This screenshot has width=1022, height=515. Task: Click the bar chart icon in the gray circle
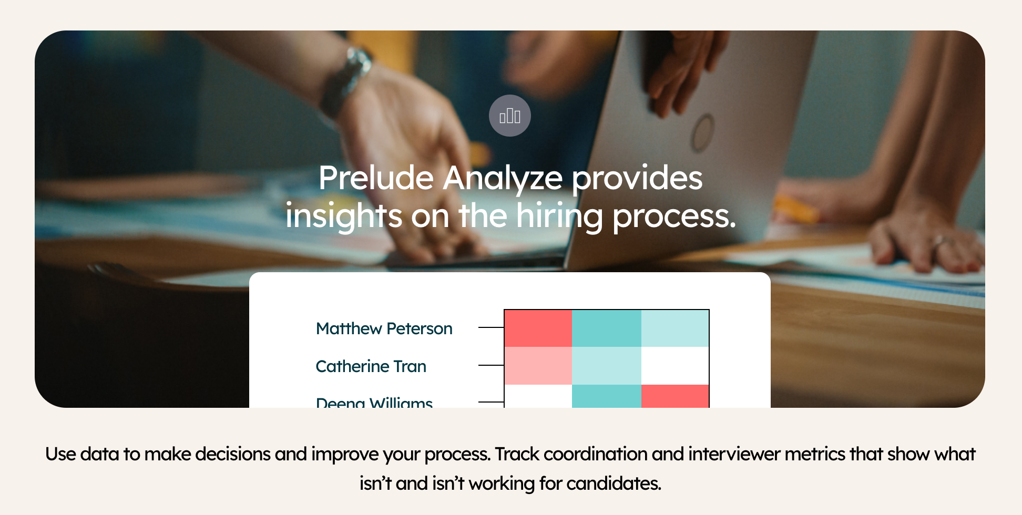pyautogui.click(x=509, y=116)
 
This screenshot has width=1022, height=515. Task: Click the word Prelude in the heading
pyautogui.click(x=375, y=178)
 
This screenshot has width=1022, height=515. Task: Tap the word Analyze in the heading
pyautogui.click(x=503, y=179)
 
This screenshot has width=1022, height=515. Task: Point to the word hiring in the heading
pyautogui.click(x=559, y=216)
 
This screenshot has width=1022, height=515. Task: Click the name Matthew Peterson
pyautogui.click(x=384, y=328)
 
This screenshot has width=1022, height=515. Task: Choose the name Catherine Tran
pyautogui.click(x=371, y=366)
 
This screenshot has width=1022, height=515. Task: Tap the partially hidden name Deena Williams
pyautogui.click(x=374, y=402)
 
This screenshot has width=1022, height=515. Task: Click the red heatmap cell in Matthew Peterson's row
pyautogui.click(x=538, y=328)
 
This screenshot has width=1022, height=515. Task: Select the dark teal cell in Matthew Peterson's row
pyautogui.click(x=606, y=328)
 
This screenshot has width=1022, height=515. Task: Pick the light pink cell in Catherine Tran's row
pyautogui.click(x=538, y=366)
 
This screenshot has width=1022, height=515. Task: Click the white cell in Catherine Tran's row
pyautogui.click(x=675, y=366)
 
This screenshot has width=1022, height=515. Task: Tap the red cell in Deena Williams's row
pyautogui.click(x=675, y=396)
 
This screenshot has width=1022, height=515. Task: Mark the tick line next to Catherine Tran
pyautogui.click(x=491, y=365)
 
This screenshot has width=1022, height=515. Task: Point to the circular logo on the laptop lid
pyautogui.click(x=702, y=133)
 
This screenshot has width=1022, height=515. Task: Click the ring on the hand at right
pyautogui.click(x=939, y=241)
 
